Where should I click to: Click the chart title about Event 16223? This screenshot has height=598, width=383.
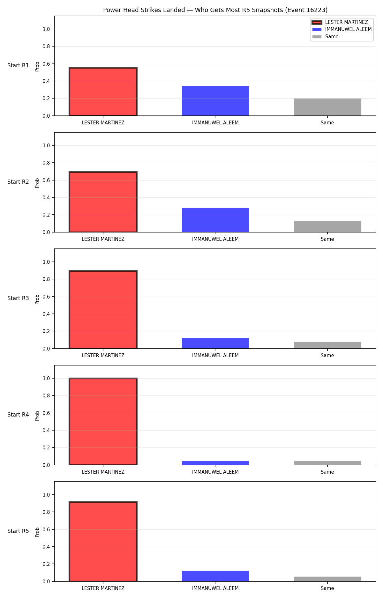[x=215, y=10]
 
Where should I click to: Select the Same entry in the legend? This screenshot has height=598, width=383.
[x=332, y=37]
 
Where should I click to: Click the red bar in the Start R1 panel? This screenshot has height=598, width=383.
[x=103, y=92]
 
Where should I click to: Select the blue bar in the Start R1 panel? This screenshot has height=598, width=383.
[x=215, y=101]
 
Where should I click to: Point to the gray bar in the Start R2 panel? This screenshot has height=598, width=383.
[x=328, y=227]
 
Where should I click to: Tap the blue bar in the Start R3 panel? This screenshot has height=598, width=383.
[x=215, y=343]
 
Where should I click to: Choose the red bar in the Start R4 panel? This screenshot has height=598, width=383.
[x=103, y=422]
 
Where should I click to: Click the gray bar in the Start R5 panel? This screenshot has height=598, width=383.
[x=328, y=579]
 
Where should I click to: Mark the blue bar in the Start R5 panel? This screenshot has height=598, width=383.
[x=215, y=576]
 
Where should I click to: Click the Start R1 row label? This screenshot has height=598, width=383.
[x=18, y=65]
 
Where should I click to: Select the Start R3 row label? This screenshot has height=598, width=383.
[x=18, y=298]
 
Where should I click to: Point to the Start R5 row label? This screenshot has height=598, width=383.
[x=18, y=531]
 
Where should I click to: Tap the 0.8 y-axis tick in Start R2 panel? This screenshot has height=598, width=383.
[x=46, y=163]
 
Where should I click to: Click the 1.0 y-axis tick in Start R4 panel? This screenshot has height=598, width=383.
[x=46, y=378]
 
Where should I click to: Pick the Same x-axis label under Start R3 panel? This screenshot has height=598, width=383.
[x=327, y=356]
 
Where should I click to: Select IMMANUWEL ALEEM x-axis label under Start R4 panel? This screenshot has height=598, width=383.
[x=215, y=472]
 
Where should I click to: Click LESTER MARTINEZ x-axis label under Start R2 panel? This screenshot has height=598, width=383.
[x=103, y=239]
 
